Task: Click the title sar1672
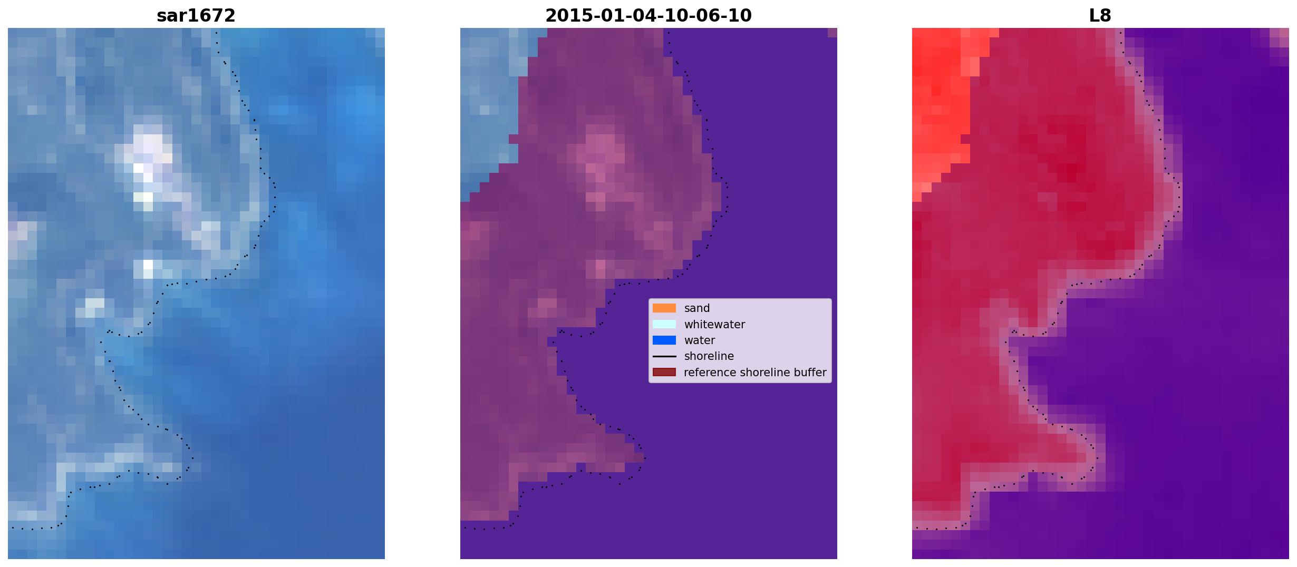[x=196, y=16]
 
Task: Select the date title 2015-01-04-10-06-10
[x=648, y=16]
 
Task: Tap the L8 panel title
[x=1100, y=16]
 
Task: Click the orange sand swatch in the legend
[x=664, y=308]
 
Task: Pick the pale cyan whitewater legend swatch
[x=664, y=324]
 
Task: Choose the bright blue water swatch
[x=664, y=340]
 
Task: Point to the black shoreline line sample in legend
[x=664, y=357]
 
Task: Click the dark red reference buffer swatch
[x=664, y=373]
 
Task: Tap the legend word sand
[x=697, y=308]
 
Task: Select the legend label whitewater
[x=714, y=325]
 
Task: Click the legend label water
[x=700, y=340]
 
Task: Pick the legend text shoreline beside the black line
[x=709, y=356]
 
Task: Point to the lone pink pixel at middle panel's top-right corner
[x=833, y=33]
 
